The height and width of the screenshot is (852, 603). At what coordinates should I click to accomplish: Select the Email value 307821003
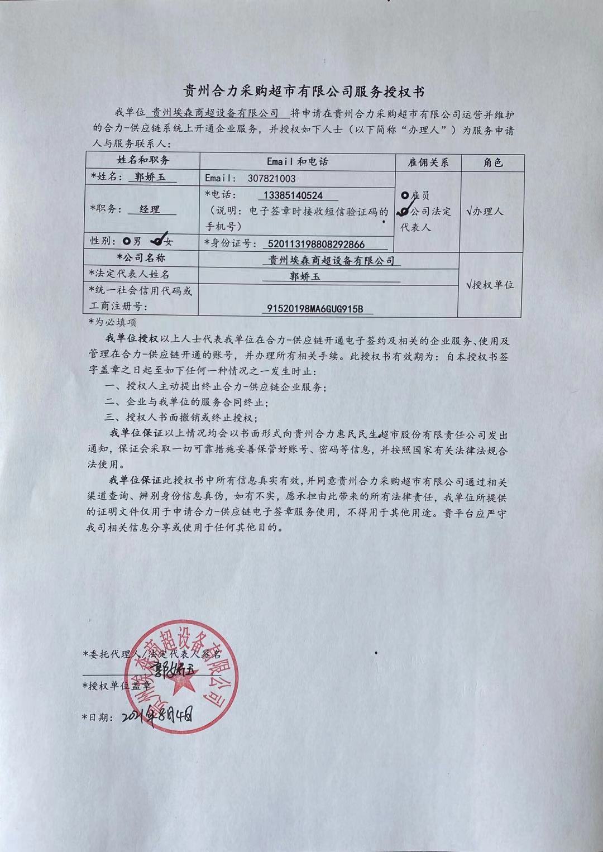pyautogui.click(x=271, y=179)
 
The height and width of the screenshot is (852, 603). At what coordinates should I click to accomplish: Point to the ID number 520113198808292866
pyautogui.click(x=316, y=243)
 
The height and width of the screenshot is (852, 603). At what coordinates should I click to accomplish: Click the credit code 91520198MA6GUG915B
pyautogui.click(x=315, y=309)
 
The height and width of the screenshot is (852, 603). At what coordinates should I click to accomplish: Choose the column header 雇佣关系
pyautogui.click(x=428, y=162)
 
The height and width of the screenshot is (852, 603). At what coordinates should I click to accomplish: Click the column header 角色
pyautogui.click(x=492, y=162)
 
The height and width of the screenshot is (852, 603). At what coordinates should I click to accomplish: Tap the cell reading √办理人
pyautogui.click(x=485, y=212)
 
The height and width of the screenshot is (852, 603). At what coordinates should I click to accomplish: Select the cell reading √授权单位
pyautogui.click(x=490, y=285)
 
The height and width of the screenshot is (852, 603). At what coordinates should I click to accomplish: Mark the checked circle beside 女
pyautogui.click(x=157, y=241)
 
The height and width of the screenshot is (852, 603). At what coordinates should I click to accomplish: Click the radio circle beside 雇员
pyautogui.click(x=405, y=195)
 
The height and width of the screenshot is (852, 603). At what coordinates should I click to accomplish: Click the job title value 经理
pyautogui.click(x=150, y=209)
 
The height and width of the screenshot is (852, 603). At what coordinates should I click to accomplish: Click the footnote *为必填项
pyautogui.click(x=112, y=322)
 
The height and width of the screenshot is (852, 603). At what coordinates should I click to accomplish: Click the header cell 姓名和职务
pyautogui.click(x=143, y=160)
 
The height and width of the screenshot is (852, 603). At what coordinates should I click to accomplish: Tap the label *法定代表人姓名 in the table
pyautogui.click(x=129, y=274)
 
